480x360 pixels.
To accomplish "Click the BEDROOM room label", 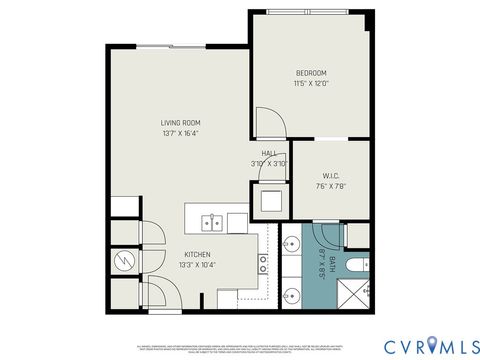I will coord(311,73).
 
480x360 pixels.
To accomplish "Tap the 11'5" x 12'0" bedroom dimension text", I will coord(311,84).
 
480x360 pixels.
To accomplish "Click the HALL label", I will coord(269,153).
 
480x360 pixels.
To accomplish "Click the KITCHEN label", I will coord(196,254).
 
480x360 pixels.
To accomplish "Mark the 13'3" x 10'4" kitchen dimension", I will coord(196,265).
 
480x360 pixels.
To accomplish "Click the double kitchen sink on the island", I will coord(211,221).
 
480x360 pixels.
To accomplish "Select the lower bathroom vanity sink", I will coord(290,294).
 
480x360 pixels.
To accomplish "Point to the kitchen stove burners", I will coord(264,264).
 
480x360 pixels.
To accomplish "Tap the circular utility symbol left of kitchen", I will coord(121,262).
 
